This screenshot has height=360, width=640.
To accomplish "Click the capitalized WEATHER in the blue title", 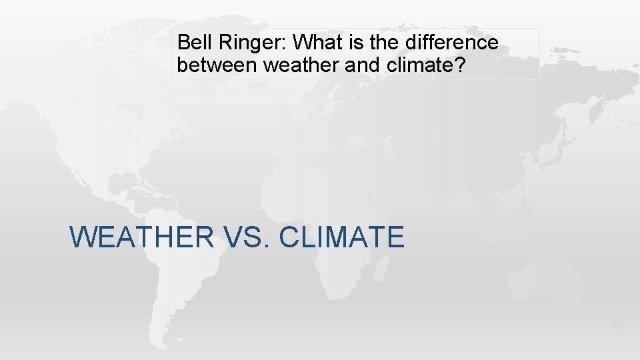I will pos(141,237).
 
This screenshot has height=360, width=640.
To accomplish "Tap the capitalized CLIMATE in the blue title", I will pos(341,237).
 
